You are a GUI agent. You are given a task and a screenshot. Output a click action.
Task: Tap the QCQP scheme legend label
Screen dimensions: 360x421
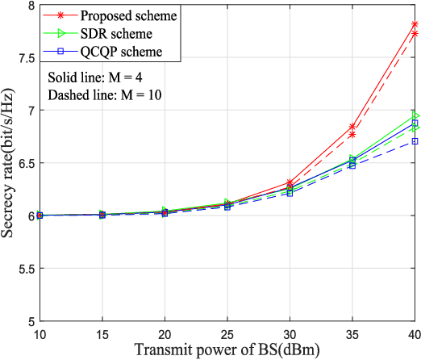(109, 51)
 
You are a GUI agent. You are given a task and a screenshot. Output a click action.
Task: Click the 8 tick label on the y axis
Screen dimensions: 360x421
(30, 6)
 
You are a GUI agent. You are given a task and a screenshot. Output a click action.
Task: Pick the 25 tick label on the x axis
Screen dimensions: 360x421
(227, 333)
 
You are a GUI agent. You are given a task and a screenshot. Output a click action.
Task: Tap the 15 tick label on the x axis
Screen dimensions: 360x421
(102, 333)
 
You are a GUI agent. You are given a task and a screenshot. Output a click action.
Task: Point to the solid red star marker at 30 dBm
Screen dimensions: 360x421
(290, 182)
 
